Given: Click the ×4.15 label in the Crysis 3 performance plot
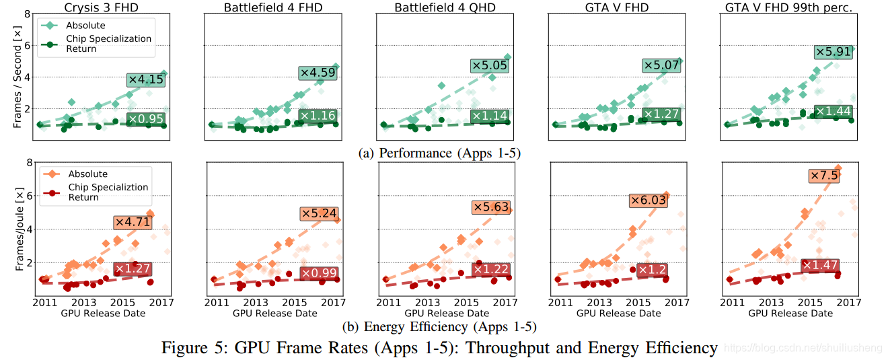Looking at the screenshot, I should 145,79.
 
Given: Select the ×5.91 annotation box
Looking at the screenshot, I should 833,52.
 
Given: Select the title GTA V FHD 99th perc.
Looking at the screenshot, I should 787,8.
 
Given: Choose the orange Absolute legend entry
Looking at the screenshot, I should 87,174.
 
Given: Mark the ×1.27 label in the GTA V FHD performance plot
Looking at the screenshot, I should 661,114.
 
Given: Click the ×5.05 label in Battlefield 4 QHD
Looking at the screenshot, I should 489,65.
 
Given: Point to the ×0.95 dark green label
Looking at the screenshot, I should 145,120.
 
